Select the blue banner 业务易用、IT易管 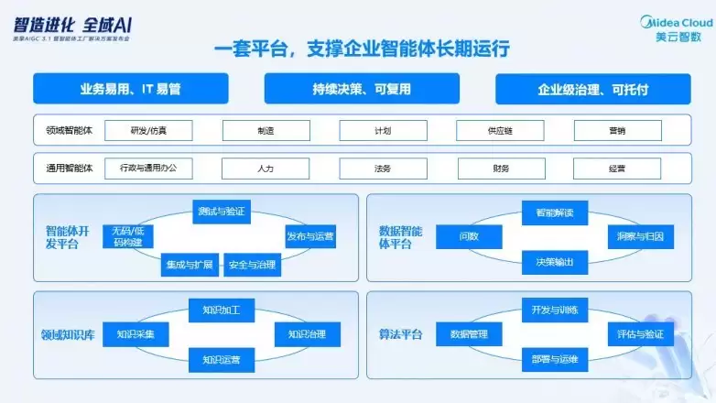point(130,89)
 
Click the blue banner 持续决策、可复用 point(361,89)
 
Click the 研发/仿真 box point(148,131)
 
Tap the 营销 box point(617,131)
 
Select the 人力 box point(266,169)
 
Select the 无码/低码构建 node point(127,236)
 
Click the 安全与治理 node point(251,265)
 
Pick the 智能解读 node point(548,212)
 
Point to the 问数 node point(469,236)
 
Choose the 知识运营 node point(221,359)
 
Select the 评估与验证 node point(639,334)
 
